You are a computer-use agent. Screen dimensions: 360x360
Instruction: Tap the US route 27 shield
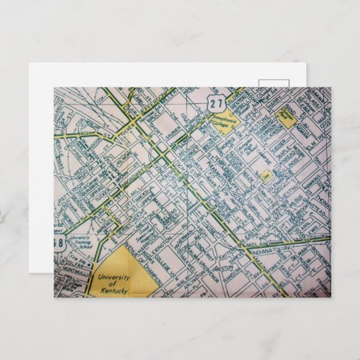click(217, 103)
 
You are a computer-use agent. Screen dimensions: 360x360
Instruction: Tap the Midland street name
click(262, 242)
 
